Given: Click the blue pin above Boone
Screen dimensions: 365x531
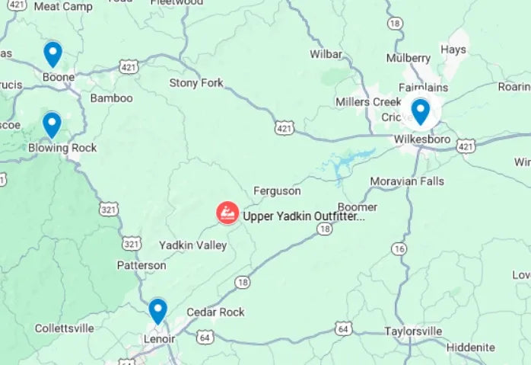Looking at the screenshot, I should tap(52, 54).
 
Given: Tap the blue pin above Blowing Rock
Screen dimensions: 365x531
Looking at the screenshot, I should tap(52, 124).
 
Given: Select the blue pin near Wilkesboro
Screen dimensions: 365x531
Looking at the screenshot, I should tap(420, 111).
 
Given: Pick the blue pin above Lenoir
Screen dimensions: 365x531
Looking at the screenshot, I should tap(157, 311).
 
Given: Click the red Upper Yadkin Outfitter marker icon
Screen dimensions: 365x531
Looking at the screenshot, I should tap(227, 213).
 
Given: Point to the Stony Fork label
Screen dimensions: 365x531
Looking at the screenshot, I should tap(196, 82).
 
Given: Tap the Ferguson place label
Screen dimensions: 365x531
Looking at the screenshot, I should tap(277, 191).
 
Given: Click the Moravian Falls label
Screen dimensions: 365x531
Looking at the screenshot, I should tap(407, 181).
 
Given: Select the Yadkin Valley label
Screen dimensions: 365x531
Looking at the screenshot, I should tap(192, 245).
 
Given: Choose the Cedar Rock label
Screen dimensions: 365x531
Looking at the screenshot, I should tap(216, 312).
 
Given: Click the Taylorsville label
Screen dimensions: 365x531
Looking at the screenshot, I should tap(413, 331).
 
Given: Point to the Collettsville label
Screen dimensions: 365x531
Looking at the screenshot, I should tap(65, 328).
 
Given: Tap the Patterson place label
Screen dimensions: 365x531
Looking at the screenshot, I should tap(141, 265).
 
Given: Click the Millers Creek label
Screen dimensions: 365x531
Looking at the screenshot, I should tap(368, 101).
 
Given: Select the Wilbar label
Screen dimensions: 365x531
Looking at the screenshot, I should tap(326, 54).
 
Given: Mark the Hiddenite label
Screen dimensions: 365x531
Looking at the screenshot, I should tap(470, 347).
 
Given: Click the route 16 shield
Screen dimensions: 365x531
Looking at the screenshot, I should tap(399, 248).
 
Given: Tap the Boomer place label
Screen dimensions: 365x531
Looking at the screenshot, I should tap(358, 207).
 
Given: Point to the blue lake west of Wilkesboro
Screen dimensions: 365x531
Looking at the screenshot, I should tap(346, 162).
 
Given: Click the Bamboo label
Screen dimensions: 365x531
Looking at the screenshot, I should tap(111, 98).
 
